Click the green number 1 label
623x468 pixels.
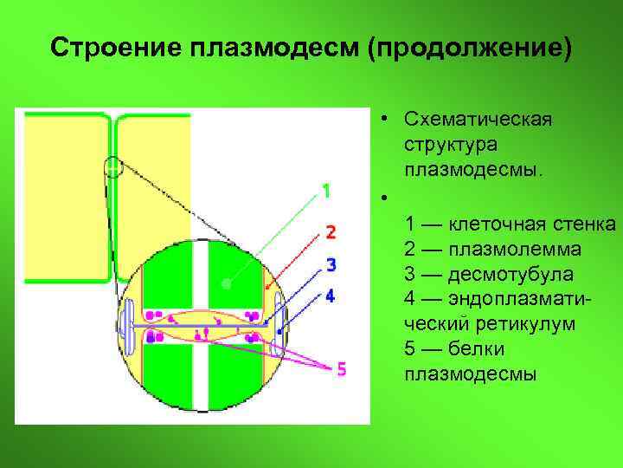pos(326,191)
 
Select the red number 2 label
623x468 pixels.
pos(330,231)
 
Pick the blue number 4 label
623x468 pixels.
pos(330,296)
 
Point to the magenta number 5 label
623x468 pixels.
pos(341,369)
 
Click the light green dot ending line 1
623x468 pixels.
pos(225,283)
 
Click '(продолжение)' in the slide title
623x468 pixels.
pos(470,48)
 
